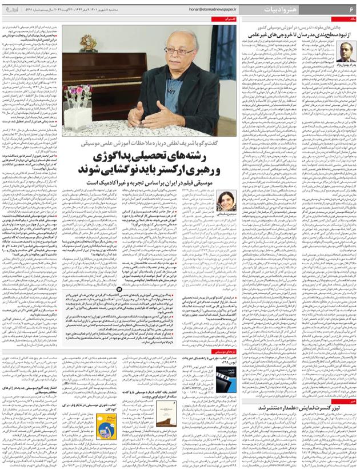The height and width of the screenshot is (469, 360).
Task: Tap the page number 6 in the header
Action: point(350,9)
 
